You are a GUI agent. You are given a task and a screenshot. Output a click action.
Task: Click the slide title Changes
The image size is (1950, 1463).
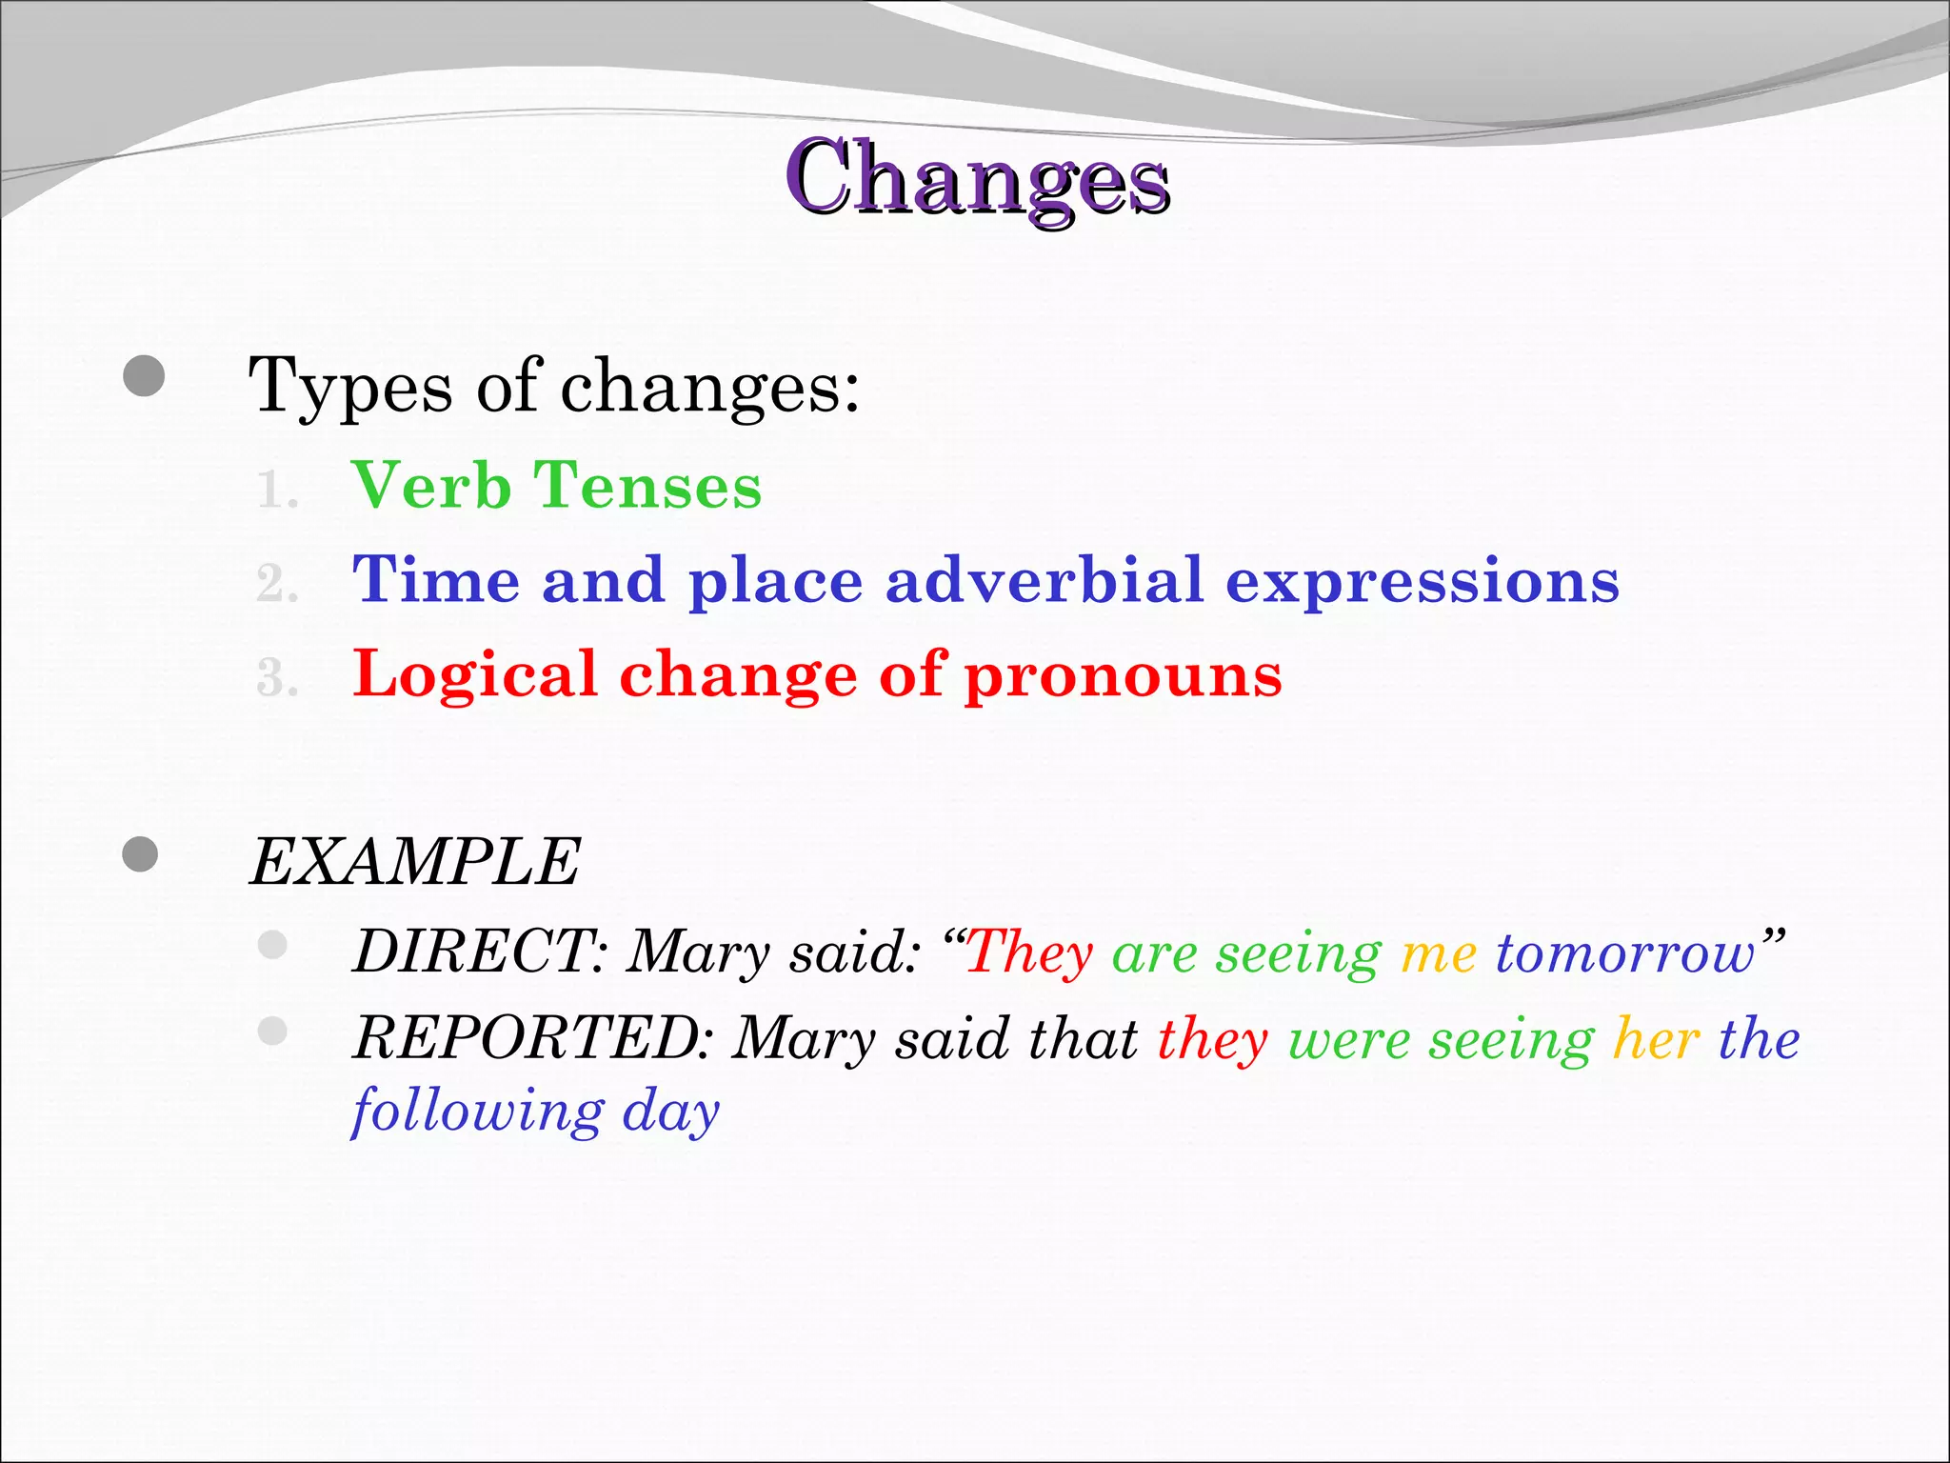(978, 178)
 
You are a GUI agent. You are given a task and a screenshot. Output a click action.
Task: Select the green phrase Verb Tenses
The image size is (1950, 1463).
(557, 487)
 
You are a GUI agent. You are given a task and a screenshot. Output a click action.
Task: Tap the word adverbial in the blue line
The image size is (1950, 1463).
(1045, 580)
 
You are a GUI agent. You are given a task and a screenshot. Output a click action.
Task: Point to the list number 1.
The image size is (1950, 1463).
(277, 491)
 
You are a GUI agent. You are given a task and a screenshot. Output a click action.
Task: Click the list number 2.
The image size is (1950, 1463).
(277, 584)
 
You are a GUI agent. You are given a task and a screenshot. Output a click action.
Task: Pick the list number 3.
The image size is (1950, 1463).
(277, 679)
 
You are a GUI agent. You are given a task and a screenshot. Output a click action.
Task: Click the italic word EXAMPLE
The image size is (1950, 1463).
(415, 862)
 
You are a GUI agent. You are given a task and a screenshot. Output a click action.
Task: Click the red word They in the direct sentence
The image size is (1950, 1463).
(1029, 952)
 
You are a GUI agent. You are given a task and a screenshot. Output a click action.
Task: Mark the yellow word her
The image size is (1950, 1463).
(1656, 1038)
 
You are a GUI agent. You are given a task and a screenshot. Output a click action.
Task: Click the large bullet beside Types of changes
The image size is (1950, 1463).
(144, 377)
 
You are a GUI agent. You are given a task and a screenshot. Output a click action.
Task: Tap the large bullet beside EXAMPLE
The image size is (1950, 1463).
(140, 853)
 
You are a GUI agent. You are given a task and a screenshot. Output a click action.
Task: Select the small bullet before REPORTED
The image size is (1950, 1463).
(272, 1031)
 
